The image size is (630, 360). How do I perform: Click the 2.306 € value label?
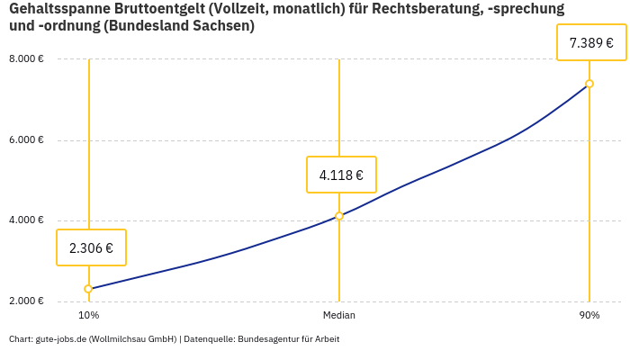(x=91, y=247)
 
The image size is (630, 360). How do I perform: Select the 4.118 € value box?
(x=341, y=175)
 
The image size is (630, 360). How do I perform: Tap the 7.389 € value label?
(x=591, y=42)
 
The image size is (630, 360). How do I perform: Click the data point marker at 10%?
(x=88, y=289)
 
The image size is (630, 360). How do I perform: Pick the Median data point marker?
(x=339, y=216)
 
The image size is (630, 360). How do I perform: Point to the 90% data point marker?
(x=589, y=84)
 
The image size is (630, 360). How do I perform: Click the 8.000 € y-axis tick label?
(x=26, y=59)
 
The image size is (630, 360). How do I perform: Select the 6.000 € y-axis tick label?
(x=26, y=140)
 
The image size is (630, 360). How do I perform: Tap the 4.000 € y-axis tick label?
(x=26, y=220)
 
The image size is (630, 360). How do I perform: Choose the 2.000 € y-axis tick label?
(x=26, y=301)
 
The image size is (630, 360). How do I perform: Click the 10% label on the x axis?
(x=88, y=316)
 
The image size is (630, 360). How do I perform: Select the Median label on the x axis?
(x=339, y=316)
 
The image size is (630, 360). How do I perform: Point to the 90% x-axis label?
(x=589, y=316)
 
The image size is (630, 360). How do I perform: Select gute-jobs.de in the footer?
(x=60, y=339)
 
